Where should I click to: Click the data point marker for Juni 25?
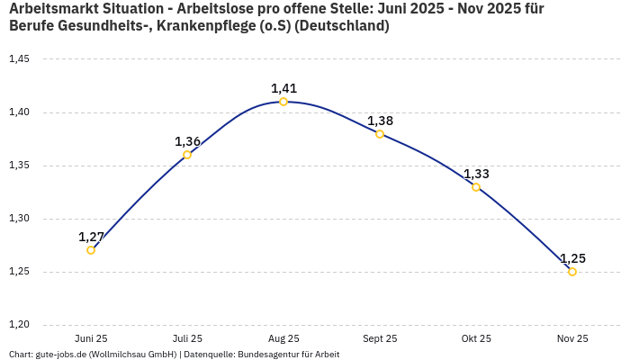pos(91,250)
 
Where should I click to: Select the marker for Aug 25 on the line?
pos(283,102)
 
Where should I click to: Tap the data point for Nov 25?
pos(572,272)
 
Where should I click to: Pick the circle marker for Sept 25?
pos(380,134)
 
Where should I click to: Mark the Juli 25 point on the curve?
pos(187,155)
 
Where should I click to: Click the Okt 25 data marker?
pos(476,187)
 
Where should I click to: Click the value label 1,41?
pos(283,88)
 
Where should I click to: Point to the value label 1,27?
pos(91,237)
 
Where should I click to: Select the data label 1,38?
pos(380,121)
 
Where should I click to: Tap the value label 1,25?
pos(572,258)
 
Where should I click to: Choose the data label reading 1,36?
pos(187,141)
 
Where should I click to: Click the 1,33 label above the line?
pos(476,174)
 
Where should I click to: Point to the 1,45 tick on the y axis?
pos(19,59)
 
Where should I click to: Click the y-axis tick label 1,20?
pos(19,325)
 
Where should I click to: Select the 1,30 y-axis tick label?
pos(19,219)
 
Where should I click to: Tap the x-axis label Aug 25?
pos(283,338)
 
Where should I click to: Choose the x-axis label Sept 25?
pos(380,338)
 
